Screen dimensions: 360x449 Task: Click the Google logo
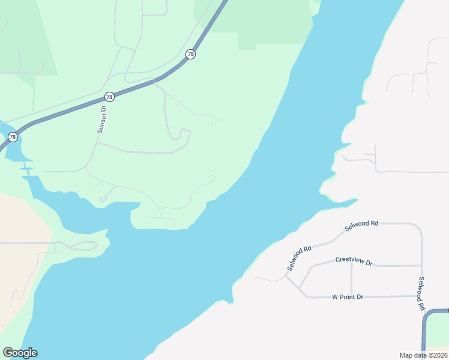click(20, 353)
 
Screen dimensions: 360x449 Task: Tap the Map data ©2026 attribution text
click(424, 355)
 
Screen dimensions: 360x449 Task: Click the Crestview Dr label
click(354, 262)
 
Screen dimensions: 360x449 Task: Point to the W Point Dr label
click(348, 297)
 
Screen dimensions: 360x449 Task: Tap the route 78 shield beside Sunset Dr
click(109, 97)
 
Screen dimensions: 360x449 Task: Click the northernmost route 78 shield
click(190, 54)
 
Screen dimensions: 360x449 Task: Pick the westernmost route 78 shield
click(13, 137)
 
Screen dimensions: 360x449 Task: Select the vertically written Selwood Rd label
click(422, 293)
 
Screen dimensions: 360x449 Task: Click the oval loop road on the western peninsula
click(84, 245)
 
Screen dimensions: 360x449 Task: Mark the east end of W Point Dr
click(421, 296)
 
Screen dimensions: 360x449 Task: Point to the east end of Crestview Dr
click(421, 265)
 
